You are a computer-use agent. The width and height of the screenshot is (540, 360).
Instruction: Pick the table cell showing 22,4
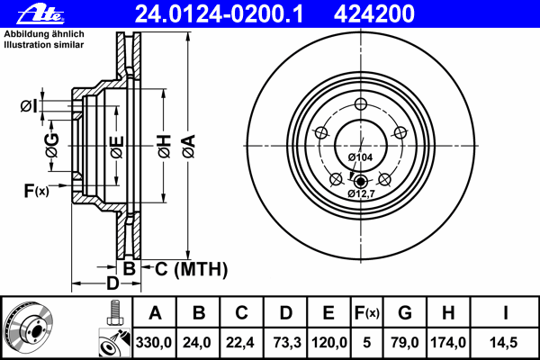click(x=241, y=342)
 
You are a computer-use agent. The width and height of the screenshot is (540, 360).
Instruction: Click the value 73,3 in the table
click(x=285, y=342)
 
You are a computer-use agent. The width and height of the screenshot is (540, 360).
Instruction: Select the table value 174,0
click(x=447, y=342)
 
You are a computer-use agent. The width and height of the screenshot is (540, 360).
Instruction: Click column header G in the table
click(x=404, y=313)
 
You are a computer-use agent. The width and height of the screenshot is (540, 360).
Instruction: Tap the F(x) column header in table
click(x=365, y=313)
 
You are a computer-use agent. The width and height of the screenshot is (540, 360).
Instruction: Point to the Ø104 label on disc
click(x=360, y=158)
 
